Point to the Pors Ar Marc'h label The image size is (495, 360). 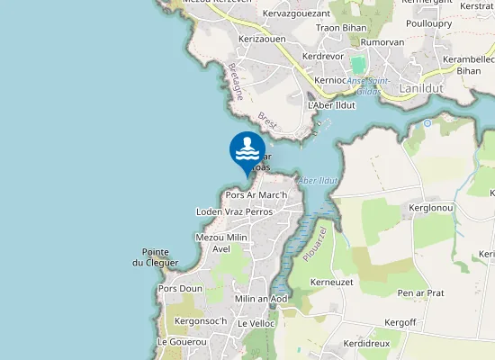[256, 195]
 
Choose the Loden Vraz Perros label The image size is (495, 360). [233, 211]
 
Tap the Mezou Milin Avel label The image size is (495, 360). [221, 242]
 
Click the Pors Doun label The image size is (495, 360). [180, 289]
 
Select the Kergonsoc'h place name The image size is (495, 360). [201, 321]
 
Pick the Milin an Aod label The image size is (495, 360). [260, 299]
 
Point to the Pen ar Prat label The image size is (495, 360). [421, 292]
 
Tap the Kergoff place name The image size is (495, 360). [400, 322]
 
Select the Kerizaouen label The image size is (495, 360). [262, 40]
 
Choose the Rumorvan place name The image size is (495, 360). [383, 42]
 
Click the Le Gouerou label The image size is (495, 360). [182, 342]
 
